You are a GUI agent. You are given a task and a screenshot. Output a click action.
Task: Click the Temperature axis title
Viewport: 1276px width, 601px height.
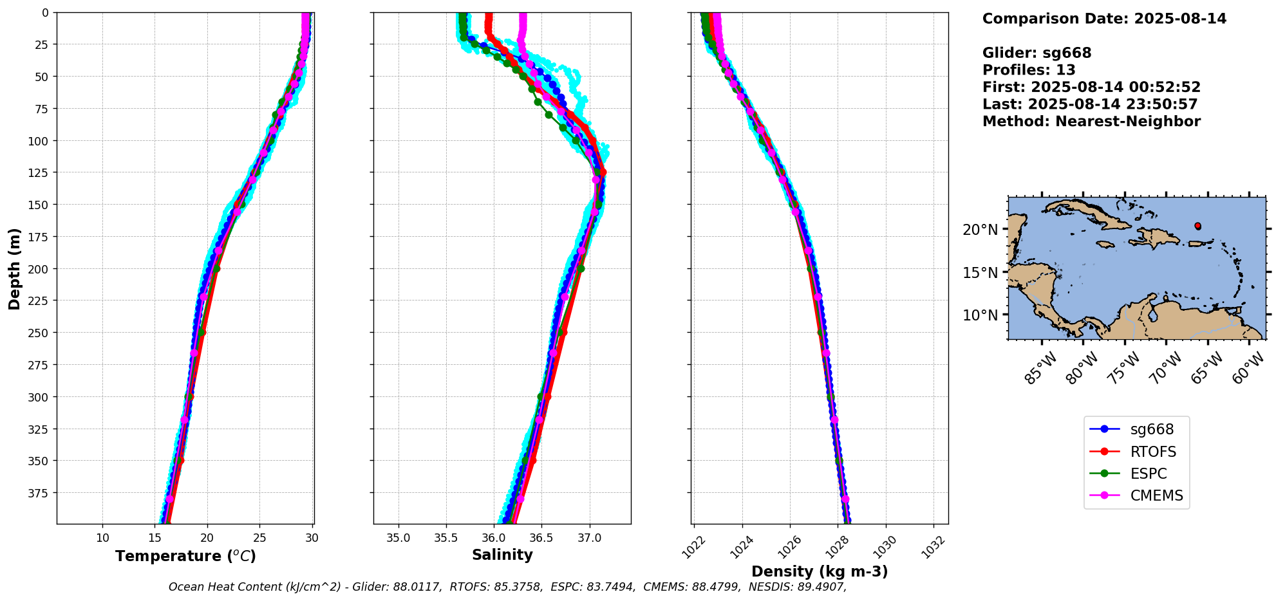185,556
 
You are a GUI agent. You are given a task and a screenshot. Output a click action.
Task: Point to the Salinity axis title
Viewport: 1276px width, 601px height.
502,555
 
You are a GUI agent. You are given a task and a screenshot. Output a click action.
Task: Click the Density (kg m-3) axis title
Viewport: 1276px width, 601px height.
820,571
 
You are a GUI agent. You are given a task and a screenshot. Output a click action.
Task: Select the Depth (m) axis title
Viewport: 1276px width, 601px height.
14,268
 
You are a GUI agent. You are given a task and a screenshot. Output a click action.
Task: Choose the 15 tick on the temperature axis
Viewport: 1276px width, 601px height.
155,538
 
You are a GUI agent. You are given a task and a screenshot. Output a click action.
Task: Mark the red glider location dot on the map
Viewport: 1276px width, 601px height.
1197,226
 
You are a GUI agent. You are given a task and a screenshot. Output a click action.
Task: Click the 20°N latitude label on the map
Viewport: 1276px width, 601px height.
980,230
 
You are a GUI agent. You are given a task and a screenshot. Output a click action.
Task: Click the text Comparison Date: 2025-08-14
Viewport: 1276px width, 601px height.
1104,19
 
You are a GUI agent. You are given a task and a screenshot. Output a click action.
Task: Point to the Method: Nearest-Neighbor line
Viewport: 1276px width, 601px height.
1091,122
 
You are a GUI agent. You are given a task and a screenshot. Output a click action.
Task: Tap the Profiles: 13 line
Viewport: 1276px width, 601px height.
1029,70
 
